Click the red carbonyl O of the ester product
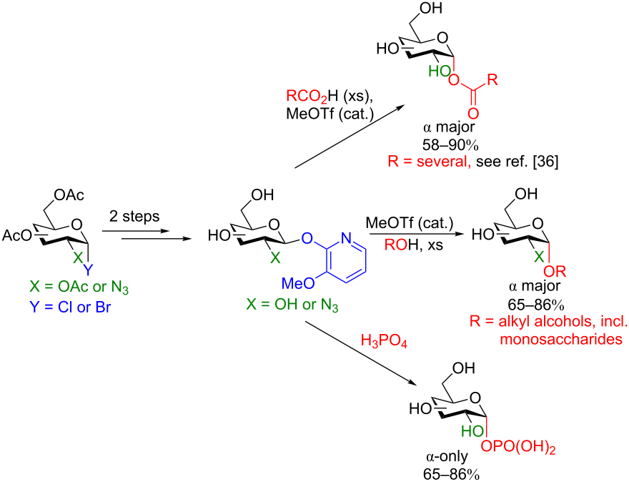click(x=474, y=113)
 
